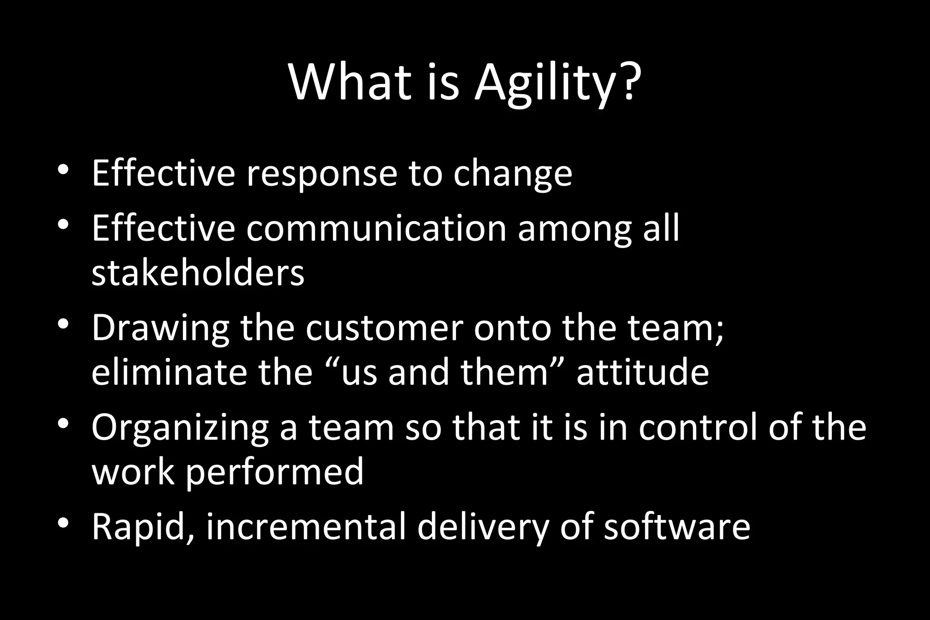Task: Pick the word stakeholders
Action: (198, 274)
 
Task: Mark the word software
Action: (677, 527)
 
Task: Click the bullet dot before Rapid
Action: (63, 523)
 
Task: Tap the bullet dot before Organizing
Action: (63, 424)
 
